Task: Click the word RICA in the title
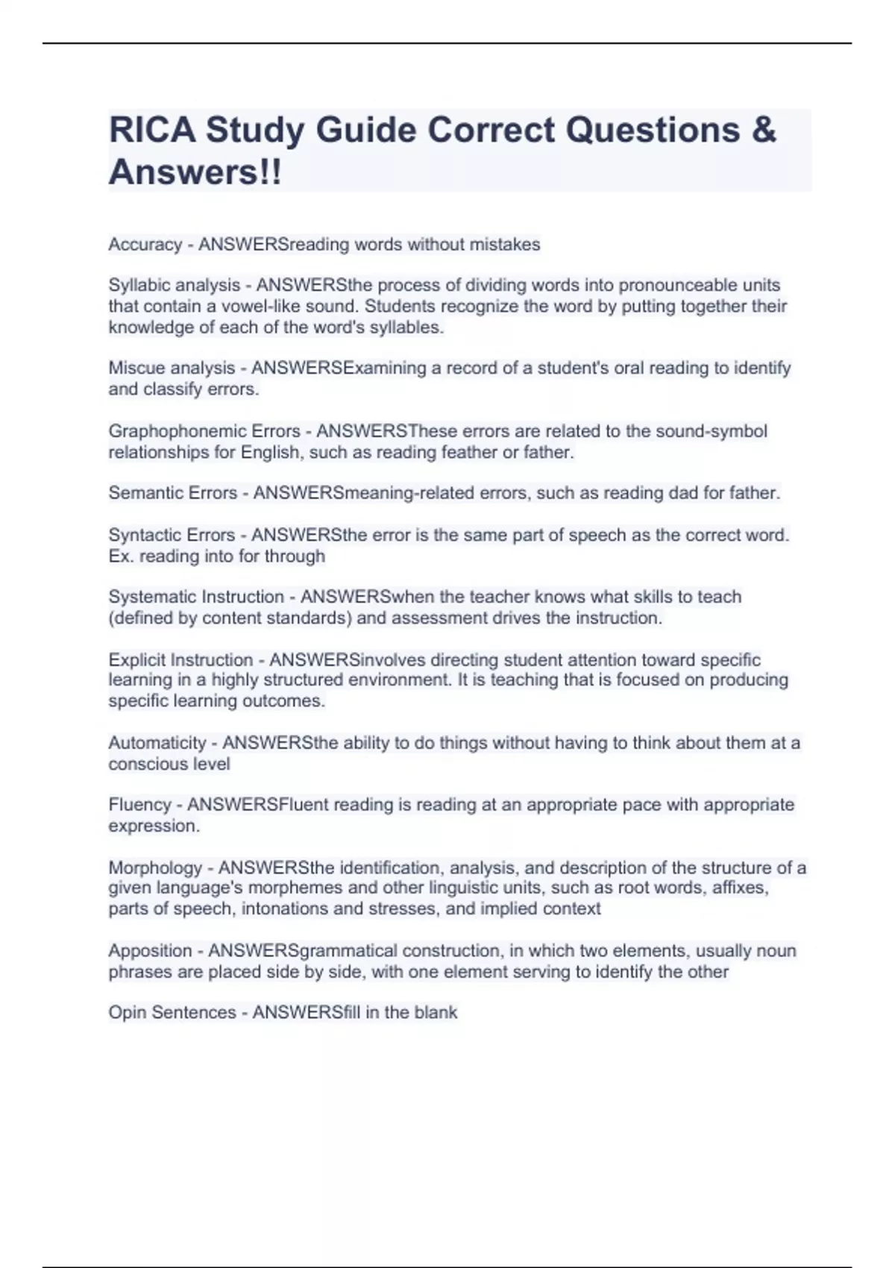(x=152, y=130)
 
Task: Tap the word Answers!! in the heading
(x=195, y=172)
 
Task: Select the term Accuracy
(x=145, y=245)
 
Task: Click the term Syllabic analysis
(x=174, y=286)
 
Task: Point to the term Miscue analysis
(x=172, y=368)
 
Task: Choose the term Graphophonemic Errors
(x=204, y=431)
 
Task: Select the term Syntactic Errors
(x=172, y=536)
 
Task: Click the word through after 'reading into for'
(x=295, y=556)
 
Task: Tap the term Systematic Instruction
(x=196, y=597)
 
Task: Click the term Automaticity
(x=157, y=743)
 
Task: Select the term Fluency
(x=139, y=805)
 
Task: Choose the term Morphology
(x=155, y=868)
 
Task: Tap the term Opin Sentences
(x=172, y=1013)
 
